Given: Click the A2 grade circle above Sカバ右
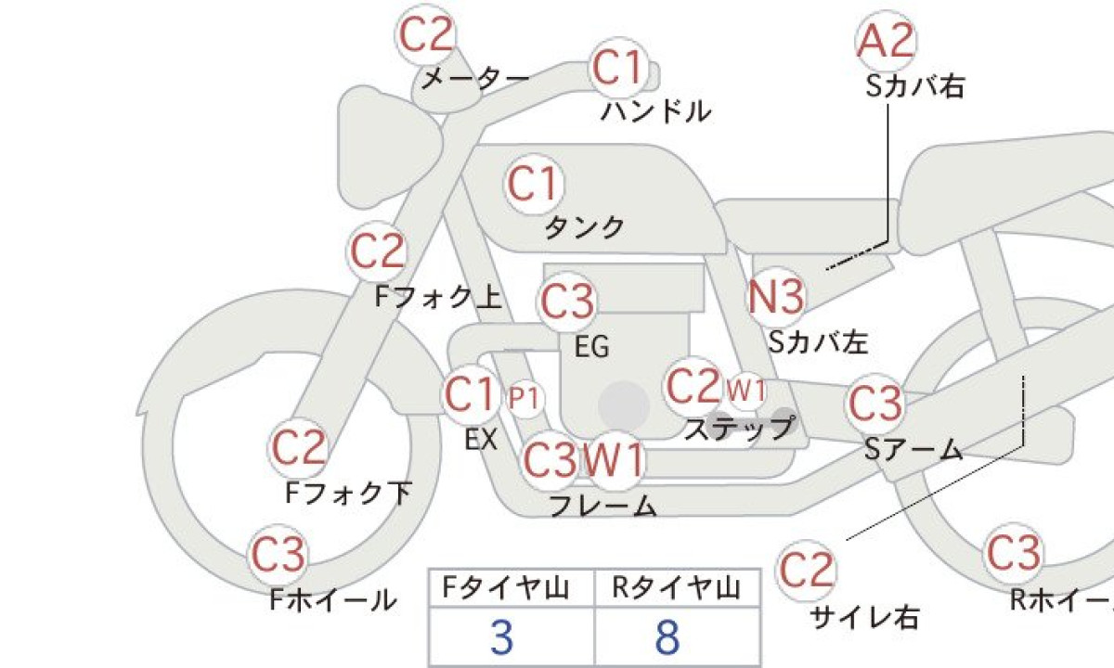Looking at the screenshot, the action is [887, 41].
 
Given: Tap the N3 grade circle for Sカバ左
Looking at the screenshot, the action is [776, 297].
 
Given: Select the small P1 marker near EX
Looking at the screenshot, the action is [525, 399].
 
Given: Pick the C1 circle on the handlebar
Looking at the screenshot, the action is [619, 67].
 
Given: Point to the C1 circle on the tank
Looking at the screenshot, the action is [535, 184].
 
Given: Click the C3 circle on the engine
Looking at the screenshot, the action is [567, 302].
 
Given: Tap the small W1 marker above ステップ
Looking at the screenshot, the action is [745, 392].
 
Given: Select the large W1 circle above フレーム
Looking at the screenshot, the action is [615, 460].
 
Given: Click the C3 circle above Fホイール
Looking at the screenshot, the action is [278, 554].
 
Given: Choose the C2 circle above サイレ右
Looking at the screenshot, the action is [806, 570].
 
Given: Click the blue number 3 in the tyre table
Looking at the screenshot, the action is [502, 637].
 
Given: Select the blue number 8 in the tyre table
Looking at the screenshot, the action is [667, 637].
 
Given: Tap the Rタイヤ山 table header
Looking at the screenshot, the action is [677, 588].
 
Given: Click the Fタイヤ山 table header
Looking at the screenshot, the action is [506, 588].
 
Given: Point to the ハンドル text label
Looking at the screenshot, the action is [656, 111].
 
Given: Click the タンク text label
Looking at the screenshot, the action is [585, 227].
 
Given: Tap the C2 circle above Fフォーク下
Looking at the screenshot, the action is [298, 448].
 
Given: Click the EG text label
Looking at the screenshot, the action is [592, 346].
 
